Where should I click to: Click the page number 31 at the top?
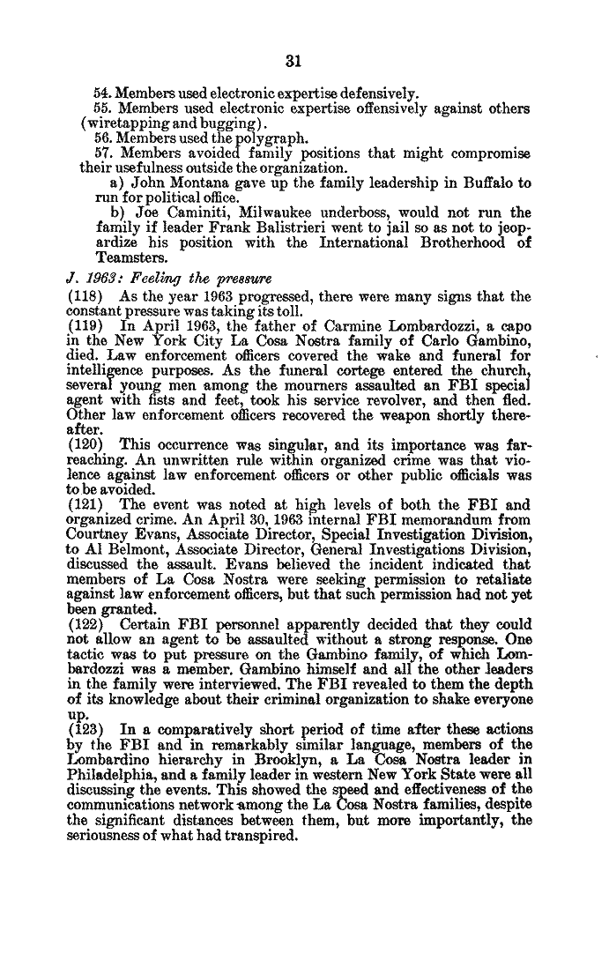pyautogui.click(x=294, y=60)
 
